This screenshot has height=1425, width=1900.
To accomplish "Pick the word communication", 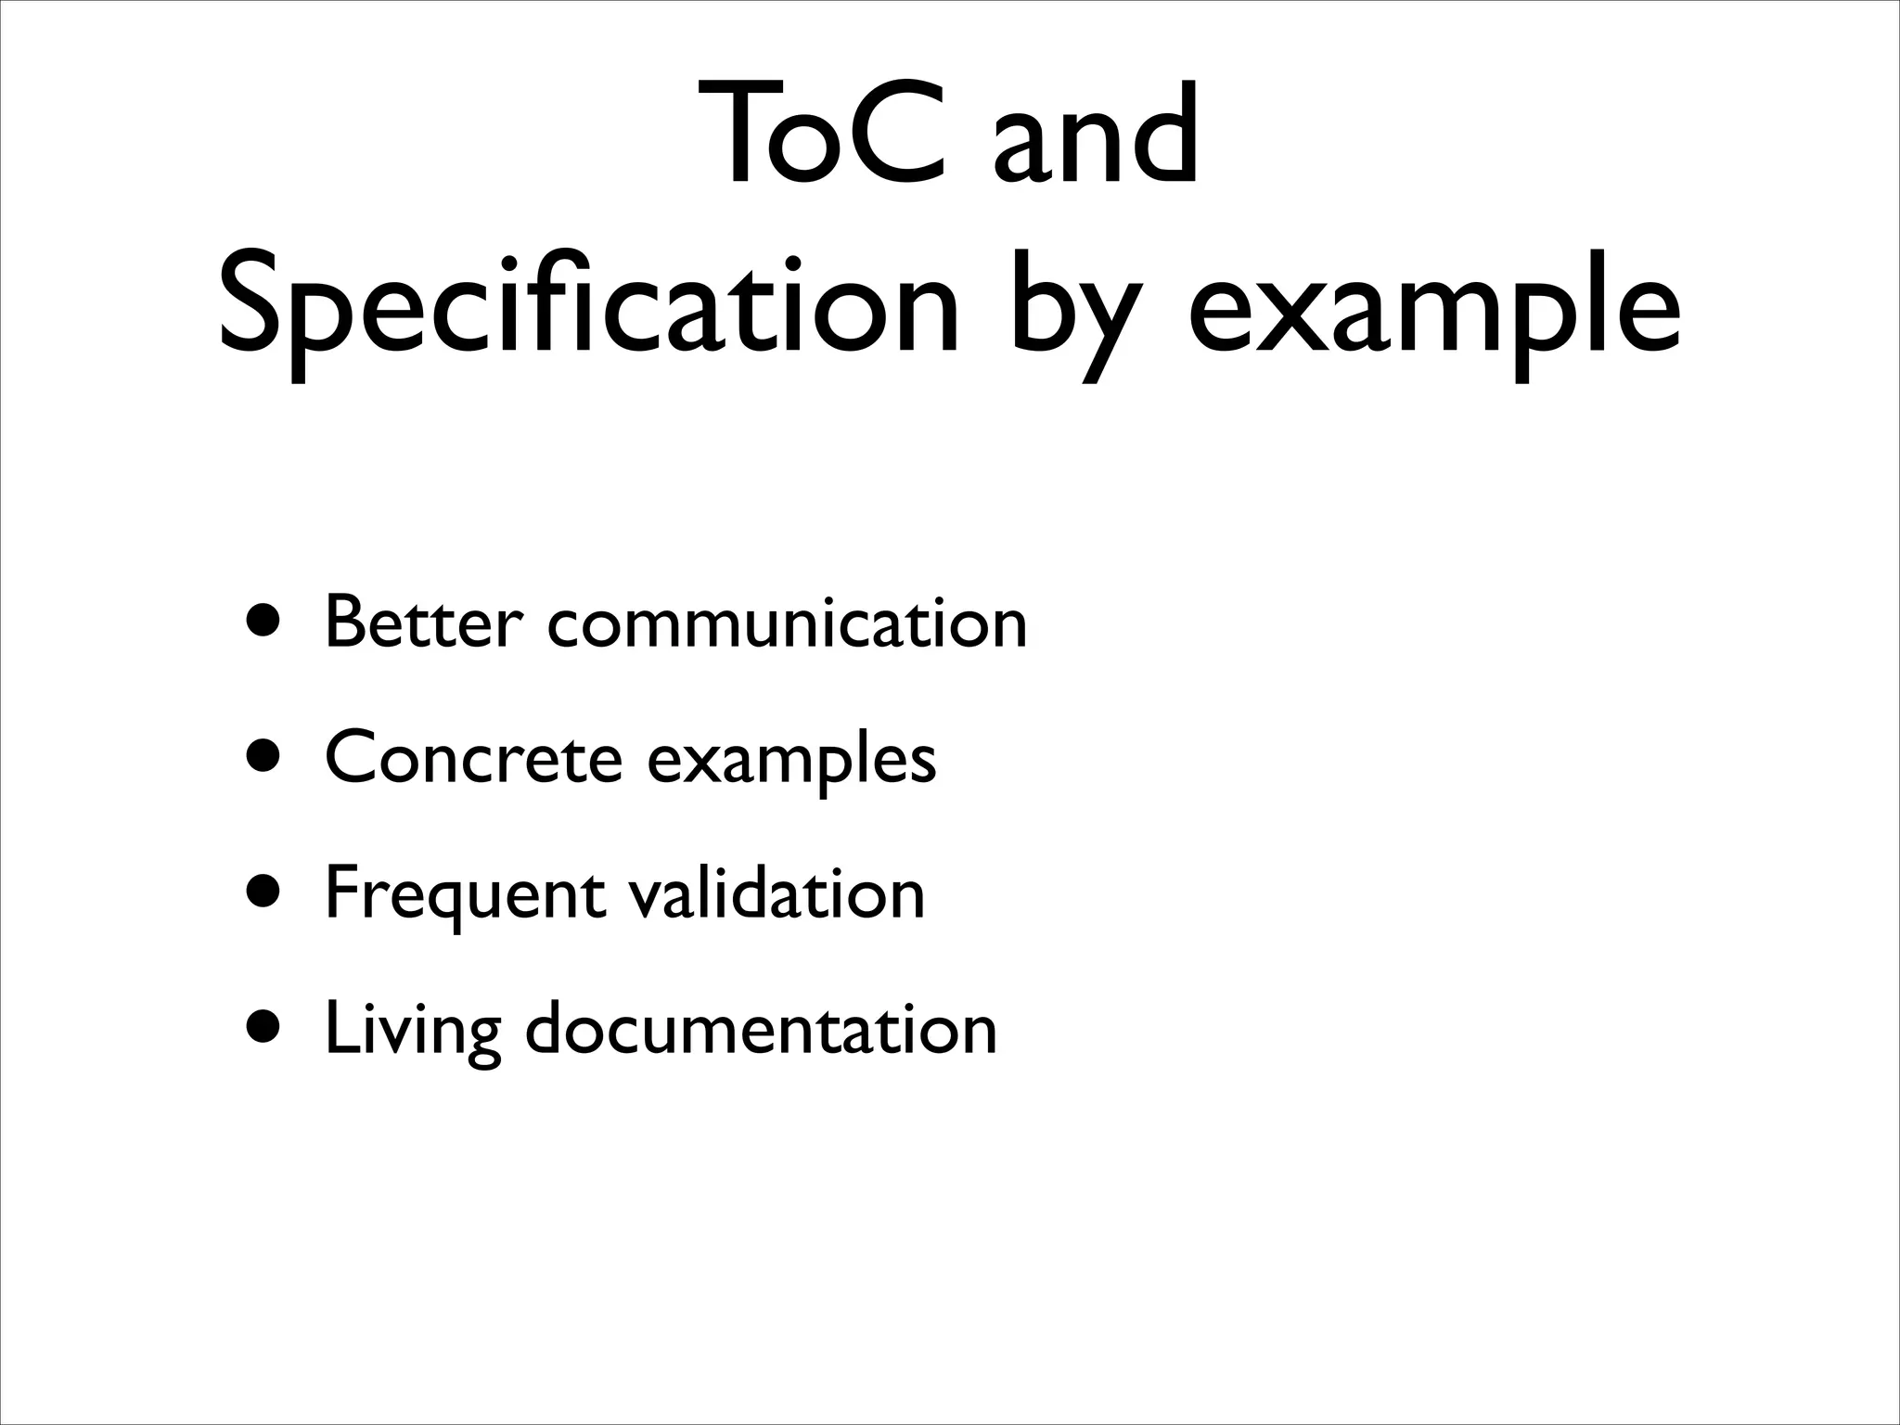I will click(787, 623).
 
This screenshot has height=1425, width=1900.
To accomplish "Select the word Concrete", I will click(473, 758).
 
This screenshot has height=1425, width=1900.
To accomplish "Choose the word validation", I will click(776, 893).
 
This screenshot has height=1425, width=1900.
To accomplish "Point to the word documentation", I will click(761, 1028).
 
